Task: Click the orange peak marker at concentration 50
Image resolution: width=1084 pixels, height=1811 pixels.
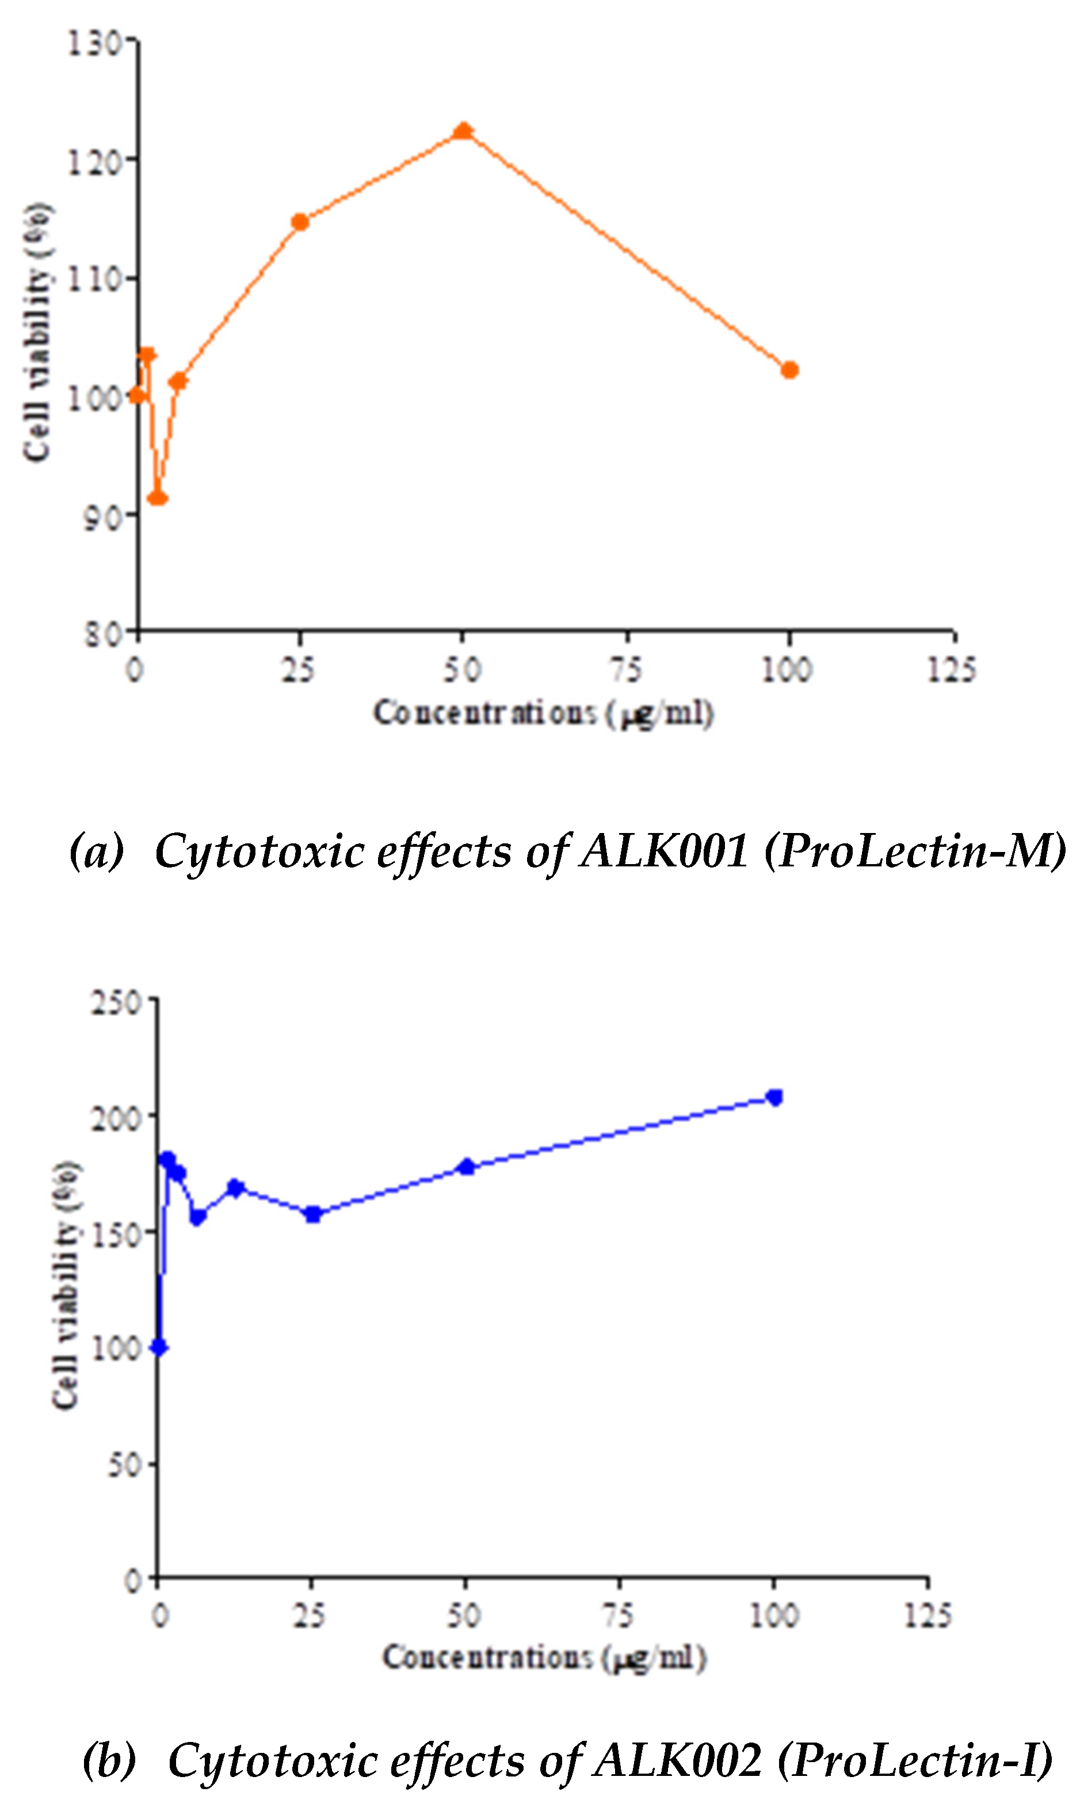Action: click(x=463, y=131)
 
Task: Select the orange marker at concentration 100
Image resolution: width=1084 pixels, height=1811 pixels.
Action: click(x=789, y=370)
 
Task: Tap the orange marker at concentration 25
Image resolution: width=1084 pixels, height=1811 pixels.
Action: click(x=300, y=222)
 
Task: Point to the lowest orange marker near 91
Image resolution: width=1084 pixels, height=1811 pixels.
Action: click(x=157, y=499)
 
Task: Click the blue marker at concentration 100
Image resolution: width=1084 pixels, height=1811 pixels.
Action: click(x=774, y=1098)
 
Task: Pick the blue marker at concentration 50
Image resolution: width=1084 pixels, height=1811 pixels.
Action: click(x=466, y=1167)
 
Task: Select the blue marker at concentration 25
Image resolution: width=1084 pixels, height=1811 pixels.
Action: click(x=312, y=1214)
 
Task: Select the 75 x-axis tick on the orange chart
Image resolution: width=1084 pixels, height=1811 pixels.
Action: click(x=626, y=670)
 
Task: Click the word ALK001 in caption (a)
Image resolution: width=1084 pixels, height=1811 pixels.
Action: click(x=663, y=851)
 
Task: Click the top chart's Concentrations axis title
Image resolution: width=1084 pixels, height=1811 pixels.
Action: click(x=543, y=713)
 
